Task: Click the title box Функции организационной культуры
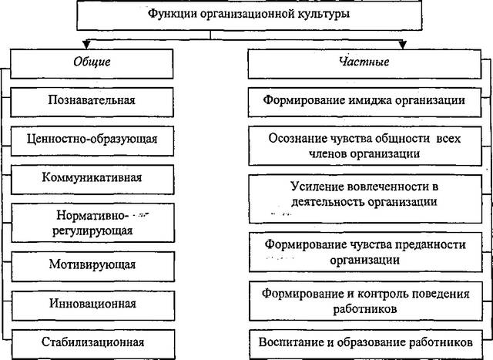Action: click(250, 15)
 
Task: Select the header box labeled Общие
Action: click(92, 63)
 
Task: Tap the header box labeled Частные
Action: click(364, 63)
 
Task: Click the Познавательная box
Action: click(92, 103)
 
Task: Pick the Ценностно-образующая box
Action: click(92, 141)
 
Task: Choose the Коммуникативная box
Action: click(92, 180)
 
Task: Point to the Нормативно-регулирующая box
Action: click(92, 223)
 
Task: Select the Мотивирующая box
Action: click(92, 267)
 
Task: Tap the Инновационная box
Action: click(93, 305)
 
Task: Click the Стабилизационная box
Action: click(93, 345)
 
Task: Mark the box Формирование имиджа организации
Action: click(364, 103)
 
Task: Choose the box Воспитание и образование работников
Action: click(366, 345)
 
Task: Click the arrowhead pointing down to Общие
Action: click(86, 45)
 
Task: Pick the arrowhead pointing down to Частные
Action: click(402, 45)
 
